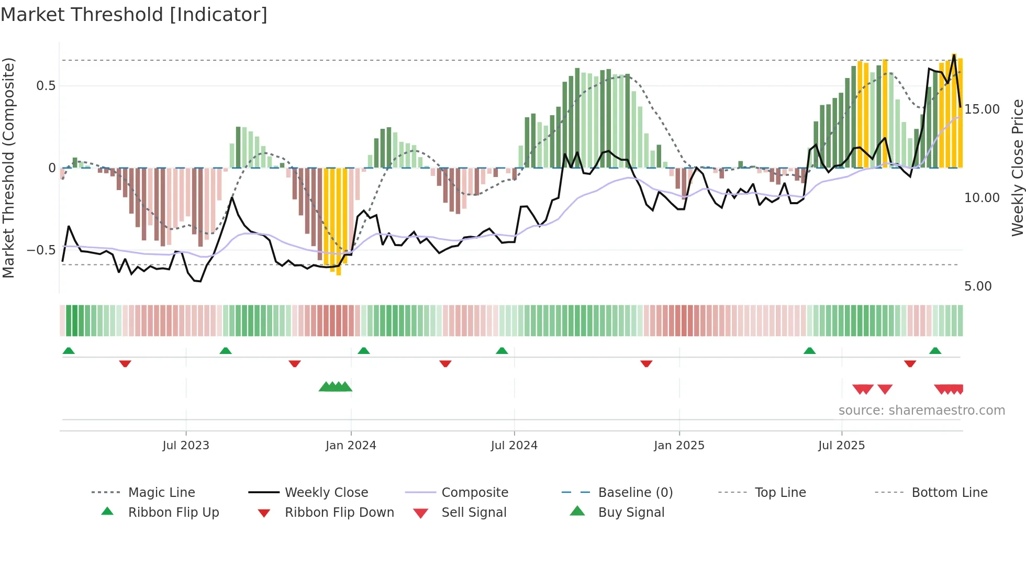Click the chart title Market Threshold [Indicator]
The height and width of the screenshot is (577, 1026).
pos(134,15)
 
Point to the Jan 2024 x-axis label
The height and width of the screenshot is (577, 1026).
pos(351,446)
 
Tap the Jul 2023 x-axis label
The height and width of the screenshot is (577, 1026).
pos(186,446)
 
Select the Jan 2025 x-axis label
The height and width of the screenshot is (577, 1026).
pos(679,446)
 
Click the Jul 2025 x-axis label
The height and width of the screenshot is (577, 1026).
pos(841,446)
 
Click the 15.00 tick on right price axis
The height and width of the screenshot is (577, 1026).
pos(982,109)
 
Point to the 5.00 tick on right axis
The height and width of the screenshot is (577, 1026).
pos(978,286)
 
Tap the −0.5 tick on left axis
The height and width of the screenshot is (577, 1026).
pos(41,250)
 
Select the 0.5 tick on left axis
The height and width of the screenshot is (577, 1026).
pos(46,86)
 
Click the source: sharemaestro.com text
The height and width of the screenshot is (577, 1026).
pos(921,410)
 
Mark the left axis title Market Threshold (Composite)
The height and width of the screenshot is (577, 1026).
pos(8,168)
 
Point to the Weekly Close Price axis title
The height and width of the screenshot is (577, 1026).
pos(1017,168)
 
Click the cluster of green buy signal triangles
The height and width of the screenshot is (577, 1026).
pos(336,387)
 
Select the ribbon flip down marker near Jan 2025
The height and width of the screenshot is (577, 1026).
pos(646,363)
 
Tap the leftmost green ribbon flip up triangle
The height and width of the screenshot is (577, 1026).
pos(69,351)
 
